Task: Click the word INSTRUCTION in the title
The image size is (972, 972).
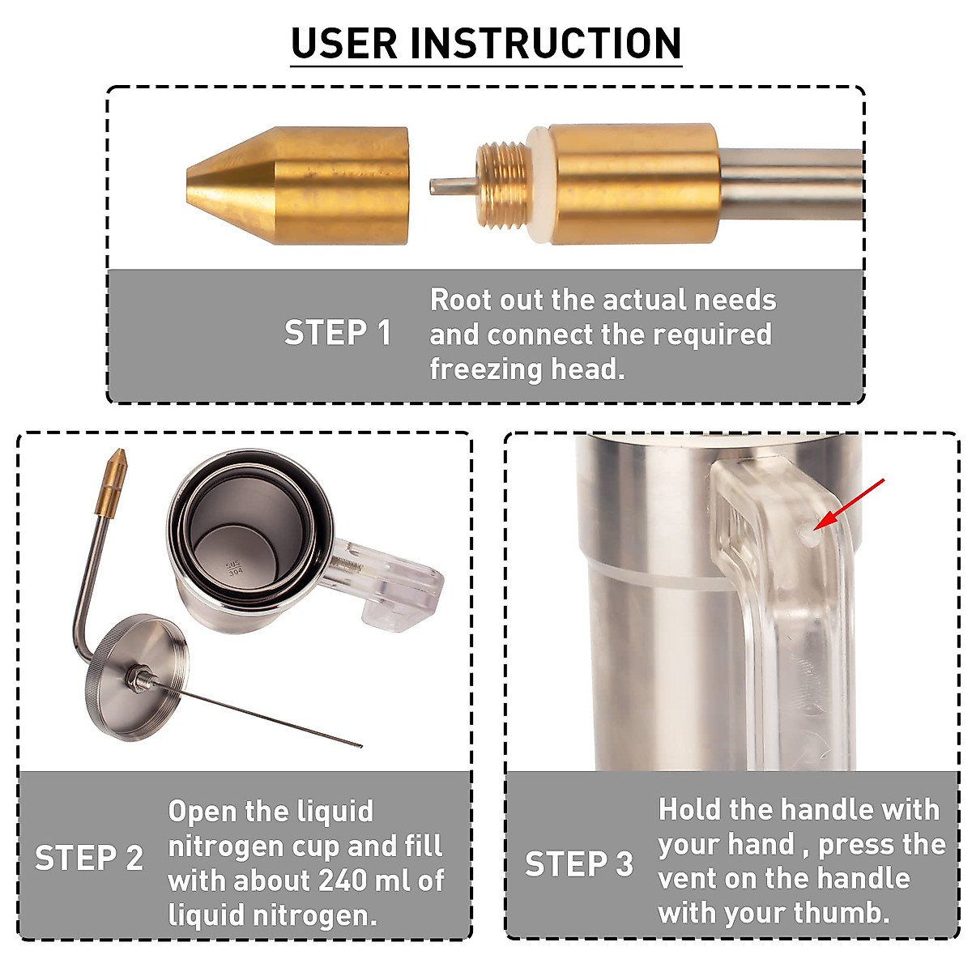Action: [546, 44]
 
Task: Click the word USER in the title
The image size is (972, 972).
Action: [344, 44]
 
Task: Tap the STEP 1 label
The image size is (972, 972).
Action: [338, 333]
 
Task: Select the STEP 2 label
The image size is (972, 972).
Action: [89, 858]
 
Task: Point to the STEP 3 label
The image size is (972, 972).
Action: [578, 863]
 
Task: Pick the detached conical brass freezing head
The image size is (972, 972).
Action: [297, 186]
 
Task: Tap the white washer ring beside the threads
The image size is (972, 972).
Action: [539, 185]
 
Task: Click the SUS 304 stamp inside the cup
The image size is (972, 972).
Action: [235, 568]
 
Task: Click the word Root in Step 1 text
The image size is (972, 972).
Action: [461, 301]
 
